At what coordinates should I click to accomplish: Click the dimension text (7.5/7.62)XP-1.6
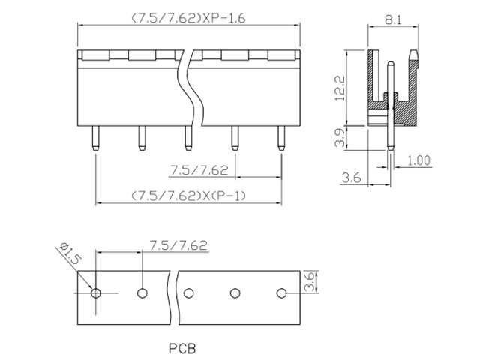click(x=188, y=18)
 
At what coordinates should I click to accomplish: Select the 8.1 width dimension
click(x=393, y=20)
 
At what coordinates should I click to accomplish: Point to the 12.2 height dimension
click(x=340, y=88)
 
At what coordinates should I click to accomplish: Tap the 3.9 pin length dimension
click(x=340, y=138)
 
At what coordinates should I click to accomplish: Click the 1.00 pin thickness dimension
click(x=418, y=160)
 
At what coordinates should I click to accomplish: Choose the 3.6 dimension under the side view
click(x=352, y=178)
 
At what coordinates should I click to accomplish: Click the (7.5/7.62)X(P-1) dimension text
click(x=188, y=196)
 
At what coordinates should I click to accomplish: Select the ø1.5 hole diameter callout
click(x=71, y=253)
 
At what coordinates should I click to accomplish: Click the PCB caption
click(x=182, y=348)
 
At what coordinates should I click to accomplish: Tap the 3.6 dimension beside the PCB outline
click(x=309, y=281)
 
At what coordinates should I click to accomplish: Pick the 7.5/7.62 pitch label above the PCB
click(x=178, y=245)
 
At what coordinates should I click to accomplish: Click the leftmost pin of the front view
click(x=95, y=138)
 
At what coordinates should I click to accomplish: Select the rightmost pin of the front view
click(x=281, y=138)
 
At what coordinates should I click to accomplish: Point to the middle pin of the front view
click(x=188, y=138)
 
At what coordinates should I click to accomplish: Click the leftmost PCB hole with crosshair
click(x=96, y=293)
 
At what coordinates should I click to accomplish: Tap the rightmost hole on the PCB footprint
click(x=281, y=293)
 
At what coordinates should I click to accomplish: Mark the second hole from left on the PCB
click(x=142, y=293)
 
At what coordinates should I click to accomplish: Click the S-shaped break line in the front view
click(x=190, y=87)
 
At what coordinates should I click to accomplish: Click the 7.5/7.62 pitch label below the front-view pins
click(x=199, y=170)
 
